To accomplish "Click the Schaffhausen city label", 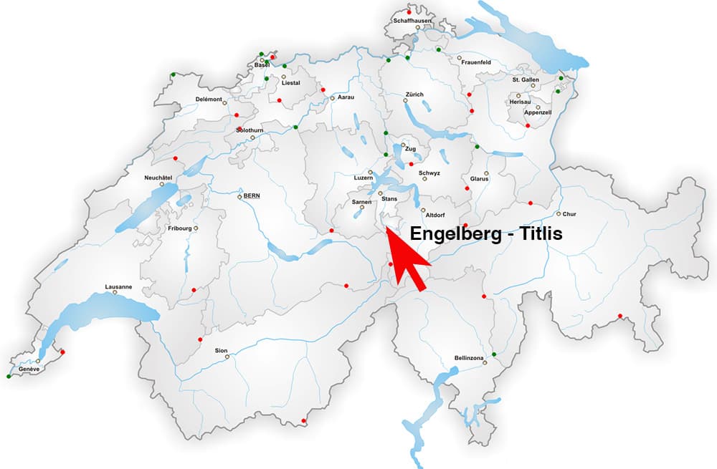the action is pos(411,21).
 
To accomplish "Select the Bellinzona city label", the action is pos(470,357).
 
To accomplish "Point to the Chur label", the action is pos(569,213).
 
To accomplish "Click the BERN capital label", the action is pos(251,195).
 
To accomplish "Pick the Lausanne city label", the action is pos(118,286).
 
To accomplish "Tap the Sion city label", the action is pos(221,350).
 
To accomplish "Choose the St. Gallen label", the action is pos(526,79).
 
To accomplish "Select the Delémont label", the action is pos(209,99).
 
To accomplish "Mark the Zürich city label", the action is pos(414,94).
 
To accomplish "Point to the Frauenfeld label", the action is pos(475,62).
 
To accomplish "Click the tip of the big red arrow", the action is pos(386,228).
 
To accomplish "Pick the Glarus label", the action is pos(479,178).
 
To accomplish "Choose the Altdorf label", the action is pos(436,215).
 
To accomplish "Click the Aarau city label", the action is pos(346,97).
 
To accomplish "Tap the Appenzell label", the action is pos(538,112).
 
